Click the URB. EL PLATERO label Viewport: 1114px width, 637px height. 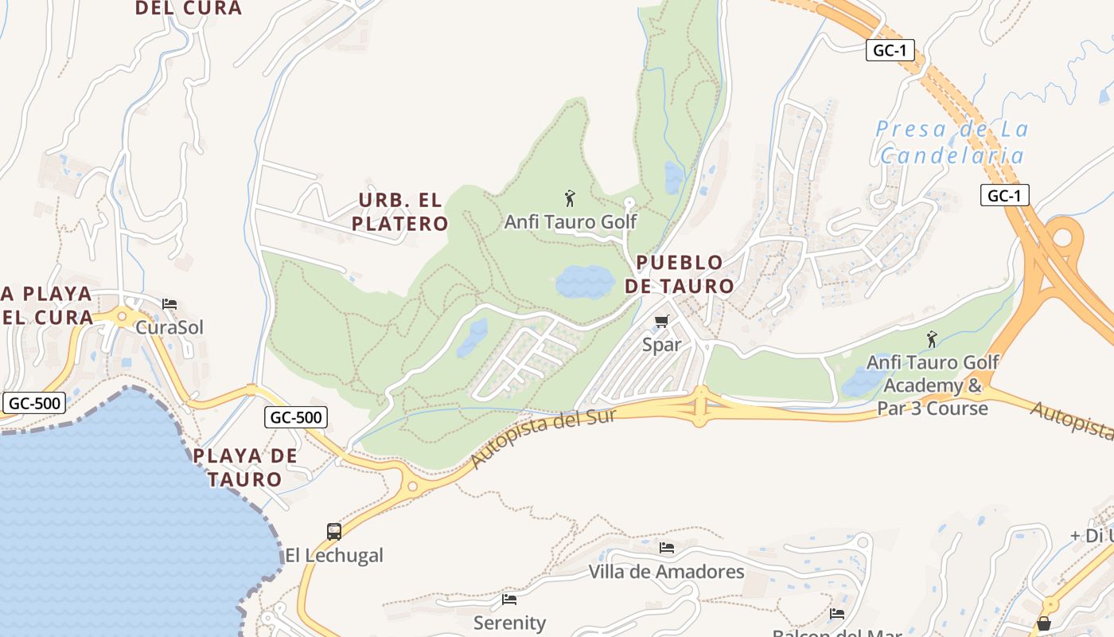tap(400, 212)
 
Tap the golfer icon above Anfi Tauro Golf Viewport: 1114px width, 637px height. tap(569, 198)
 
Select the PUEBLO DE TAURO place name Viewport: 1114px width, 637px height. tap(680, 274)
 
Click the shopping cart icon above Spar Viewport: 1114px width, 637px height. tap(661, 321)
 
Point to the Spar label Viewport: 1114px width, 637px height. tap(661, 345)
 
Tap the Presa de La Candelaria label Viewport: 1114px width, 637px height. tap(952, 142)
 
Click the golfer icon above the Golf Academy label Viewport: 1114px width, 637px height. tap(932, 340)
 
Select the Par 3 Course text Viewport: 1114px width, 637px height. tap(933, 408)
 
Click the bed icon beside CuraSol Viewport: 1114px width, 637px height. tap(169, 304)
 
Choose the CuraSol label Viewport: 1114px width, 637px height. tap(169, 327)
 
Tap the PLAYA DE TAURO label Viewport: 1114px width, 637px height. tap(245, 467)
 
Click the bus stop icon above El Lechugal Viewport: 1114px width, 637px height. tap(334, 531)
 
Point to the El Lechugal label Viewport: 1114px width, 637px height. tap(334, 555)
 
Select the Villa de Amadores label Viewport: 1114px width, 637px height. tap(666, 572)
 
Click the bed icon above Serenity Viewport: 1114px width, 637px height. tap(509, 599)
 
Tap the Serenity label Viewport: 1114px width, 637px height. tap(509, 622)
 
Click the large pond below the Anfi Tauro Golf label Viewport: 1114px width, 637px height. tap(585, 281)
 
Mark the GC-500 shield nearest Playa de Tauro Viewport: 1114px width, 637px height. tap(296, 417)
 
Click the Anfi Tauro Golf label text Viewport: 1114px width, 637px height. tap(571, 221)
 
